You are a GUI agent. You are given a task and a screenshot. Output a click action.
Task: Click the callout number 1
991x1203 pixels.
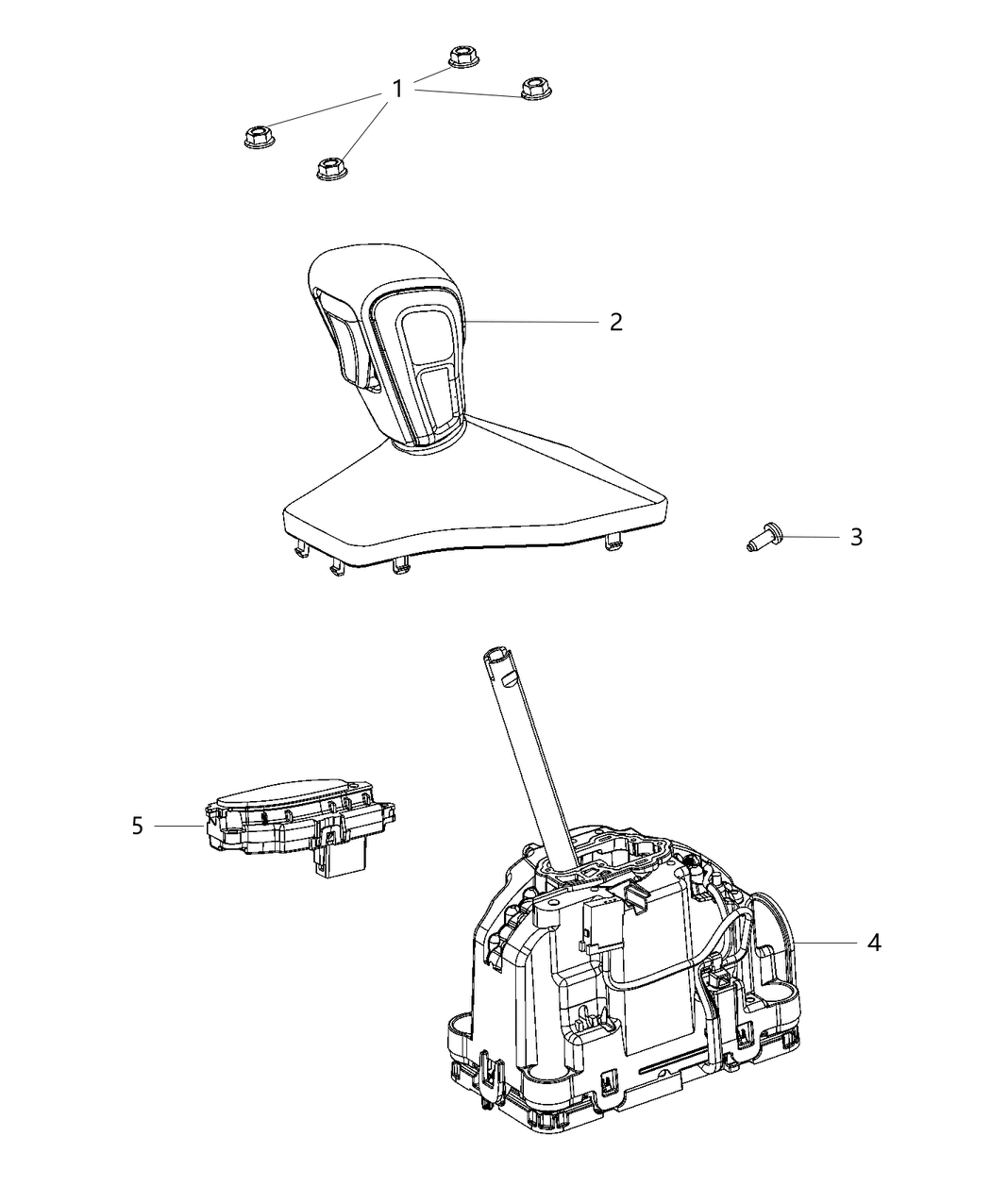coord(397,90)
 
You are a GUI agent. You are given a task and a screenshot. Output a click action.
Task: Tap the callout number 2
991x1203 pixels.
coord(616,322)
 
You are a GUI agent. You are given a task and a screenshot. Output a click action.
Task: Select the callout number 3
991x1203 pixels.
coord(857,538)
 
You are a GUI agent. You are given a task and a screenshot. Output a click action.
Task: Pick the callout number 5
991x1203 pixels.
coord(137,827)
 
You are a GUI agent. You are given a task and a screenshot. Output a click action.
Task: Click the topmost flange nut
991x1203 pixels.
coord(462,57)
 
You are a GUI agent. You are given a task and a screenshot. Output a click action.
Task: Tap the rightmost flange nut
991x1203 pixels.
coord(534,88)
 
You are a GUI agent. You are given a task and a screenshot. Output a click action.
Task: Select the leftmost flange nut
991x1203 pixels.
coord(259,137)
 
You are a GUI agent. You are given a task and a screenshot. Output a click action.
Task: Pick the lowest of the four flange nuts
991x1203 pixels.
coord(331,168)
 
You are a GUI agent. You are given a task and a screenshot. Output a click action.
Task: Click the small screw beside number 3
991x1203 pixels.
coord(762,537)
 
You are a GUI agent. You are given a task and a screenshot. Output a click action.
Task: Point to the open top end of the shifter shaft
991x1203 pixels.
coord(497,655)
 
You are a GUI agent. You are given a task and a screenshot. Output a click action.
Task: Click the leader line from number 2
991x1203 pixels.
coord(532,322)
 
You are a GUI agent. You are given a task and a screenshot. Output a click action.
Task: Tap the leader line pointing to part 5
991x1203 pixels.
coord(178,827)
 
